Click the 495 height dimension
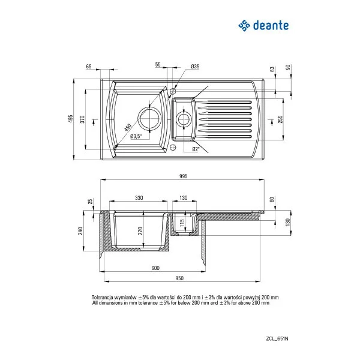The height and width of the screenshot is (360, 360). pyautogui.click(x=71, y=118)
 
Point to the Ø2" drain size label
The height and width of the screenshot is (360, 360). pyautogui.click(x=196, y=149)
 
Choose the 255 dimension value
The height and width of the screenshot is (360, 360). pyautogui.click(x=280, y=118)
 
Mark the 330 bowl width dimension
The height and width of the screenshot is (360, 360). pyautogui.click(x=139, y=197)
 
